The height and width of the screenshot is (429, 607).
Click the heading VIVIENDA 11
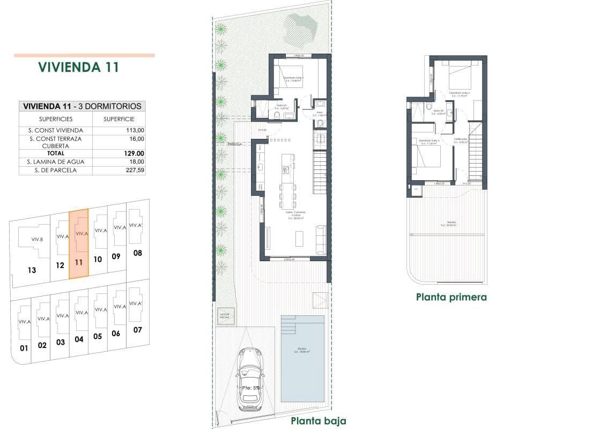click(x=78, y=67)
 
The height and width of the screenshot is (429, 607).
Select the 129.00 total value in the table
click(x=136, y=153)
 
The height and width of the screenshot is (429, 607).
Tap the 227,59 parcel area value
click(x=136, y=171)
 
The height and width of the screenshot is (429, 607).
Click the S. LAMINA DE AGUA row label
click(x=55, y=161)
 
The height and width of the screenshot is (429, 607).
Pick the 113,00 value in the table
click(x=136, y=130)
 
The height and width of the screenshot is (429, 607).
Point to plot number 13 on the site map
click(x=32, y=270)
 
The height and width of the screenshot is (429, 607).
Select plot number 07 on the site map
click(x=137, y=330)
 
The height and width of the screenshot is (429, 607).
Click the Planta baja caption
click(x=319, y=421)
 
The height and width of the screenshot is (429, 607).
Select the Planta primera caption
click(x=451, y=297)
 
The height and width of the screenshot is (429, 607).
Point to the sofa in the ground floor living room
click(x=321, y=239)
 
